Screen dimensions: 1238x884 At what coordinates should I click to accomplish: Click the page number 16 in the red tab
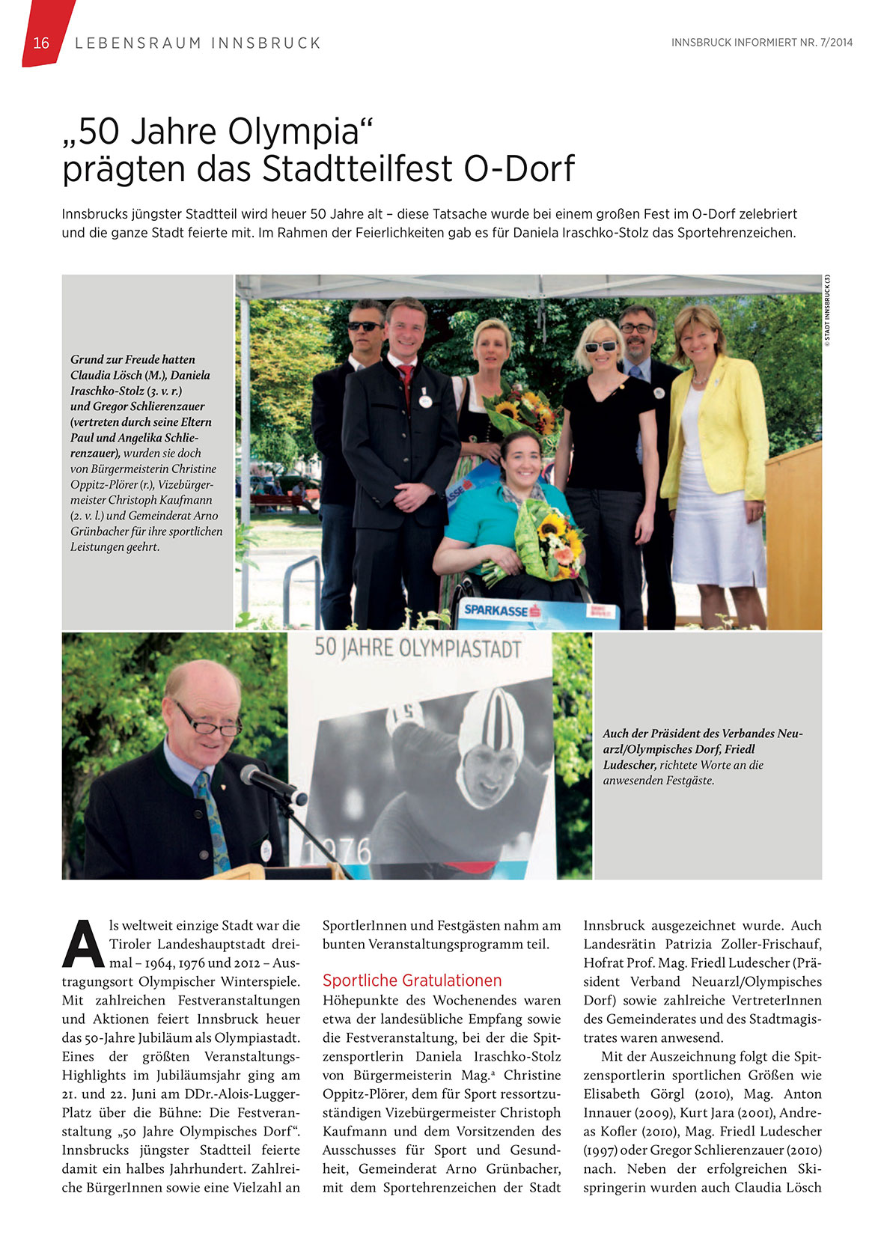tap(41, 43)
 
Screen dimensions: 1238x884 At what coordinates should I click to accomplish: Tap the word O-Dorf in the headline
tap(519, 168)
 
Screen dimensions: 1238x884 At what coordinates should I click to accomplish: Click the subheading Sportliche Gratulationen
tap(412, 981)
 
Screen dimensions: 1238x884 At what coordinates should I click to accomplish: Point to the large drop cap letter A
tap(83, 943)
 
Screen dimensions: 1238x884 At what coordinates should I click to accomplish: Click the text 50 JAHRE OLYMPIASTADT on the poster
tap(417, 648)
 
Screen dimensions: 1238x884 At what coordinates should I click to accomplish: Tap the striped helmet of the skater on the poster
tap(492, 722)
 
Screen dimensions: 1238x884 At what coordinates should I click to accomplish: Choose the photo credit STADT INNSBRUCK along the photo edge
tap(827, 311)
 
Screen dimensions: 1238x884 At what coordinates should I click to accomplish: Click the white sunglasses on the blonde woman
tap(601, 347)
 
